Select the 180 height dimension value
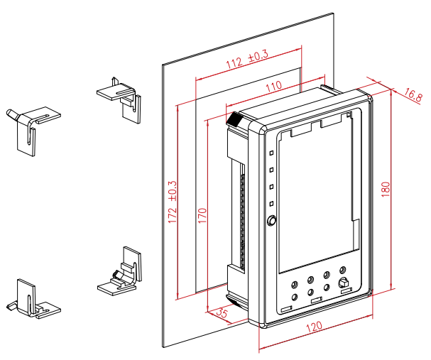386,190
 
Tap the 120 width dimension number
315,328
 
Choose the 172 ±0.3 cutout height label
172,204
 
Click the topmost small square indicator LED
271,152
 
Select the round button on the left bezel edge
271,222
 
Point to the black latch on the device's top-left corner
234,119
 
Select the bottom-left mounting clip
32,298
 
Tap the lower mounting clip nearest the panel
122,271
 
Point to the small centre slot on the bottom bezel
316,300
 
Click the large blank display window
316,192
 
